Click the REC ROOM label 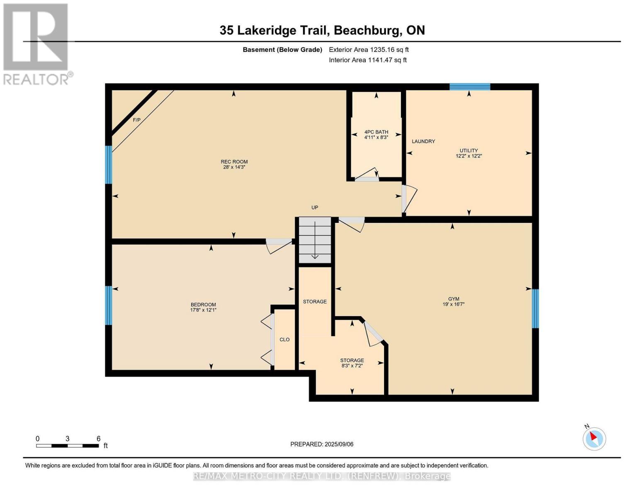[234, 162]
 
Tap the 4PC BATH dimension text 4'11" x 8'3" [376, 137]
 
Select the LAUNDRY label [423, 142]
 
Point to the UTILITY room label [469, 151]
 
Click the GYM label [453, 299]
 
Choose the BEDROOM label [203, 305]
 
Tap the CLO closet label [284, 339]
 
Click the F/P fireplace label [136, 120]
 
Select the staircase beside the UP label [315, 240]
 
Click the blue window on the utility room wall [470, 87]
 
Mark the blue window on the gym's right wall [535, 308]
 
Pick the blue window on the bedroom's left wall [109, 305]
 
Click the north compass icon [594, 438]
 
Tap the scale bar [67, 446]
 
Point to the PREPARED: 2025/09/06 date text [322, 444]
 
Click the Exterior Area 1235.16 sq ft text [369, 50]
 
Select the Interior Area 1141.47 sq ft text [367, 60]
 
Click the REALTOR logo [36, 44]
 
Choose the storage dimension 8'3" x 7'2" [352, 366]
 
